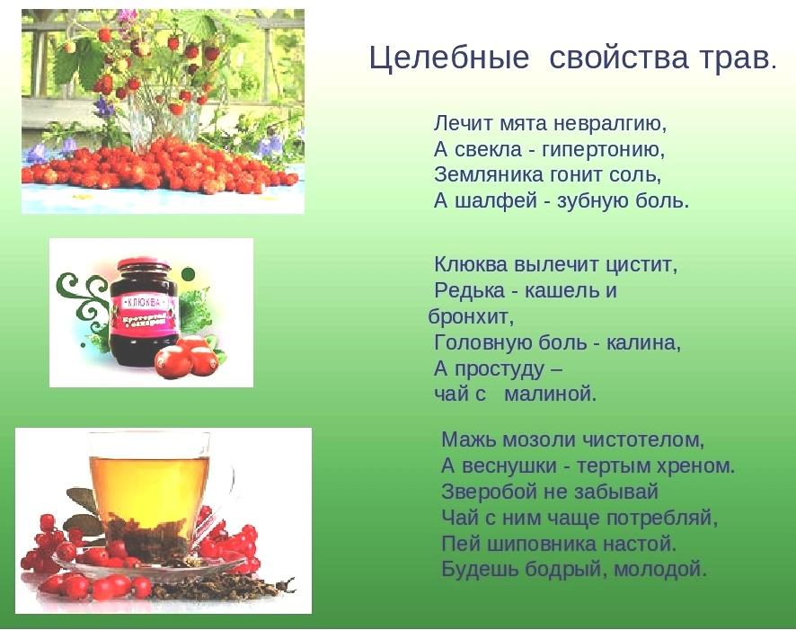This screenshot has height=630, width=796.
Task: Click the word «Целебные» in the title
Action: (x=448, y=58)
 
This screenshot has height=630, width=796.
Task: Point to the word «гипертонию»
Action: (x=603, y=150)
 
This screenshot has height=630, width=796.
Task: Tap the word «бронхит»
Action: (x=471, y=316)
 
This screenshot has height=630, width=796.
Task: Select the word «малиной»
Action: (x=551, y=394)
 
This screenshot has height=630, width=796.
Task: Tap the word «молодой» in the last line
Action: (x=660, y=569)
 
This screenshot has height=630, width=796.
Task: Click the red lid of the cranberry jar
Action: (x=144, y=266)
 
